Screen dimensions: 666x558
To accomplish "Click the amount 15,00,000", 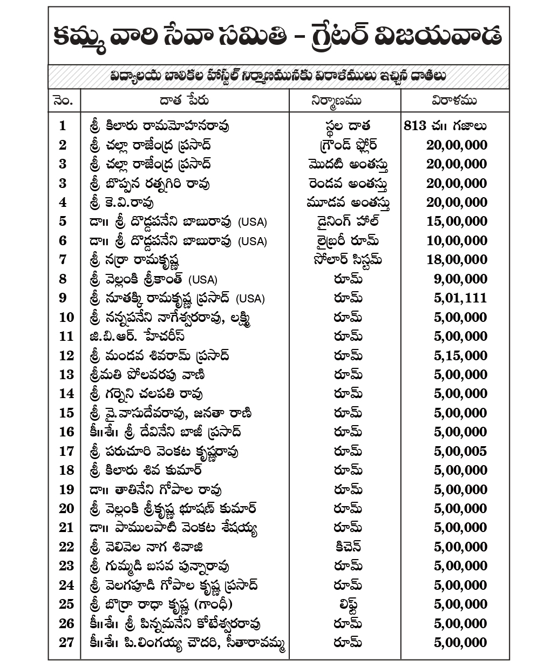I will click(x=457, y=221).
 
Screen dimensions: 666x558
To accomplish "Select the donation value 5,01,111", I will click(x=460, y=298).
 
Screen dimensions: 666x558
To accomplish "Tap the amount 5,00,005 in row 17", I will click(x=460, y=451).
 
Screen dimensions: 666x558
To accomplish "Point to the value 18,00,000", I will click(x=457, y=260).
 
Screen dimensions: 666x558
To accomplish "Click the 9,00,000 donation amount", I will click(x=460, y=279).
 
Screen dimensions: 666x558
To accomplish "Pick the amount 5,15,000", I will click(x=460, y=355).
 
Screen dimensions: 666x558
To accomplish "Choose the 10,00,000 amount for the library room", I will click(x=457, y=240).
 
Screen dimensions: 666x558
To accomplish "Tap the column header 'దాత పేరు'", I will click(x=184, y=100).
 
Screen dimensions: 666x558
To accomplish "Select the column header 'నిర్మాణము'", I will click(x=344, y=100).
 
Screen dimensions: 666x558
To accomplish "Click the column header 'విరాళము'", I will click(x=454, y=100).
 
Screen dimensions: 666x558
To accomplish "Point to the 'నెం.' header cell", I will click(x=64, y=100).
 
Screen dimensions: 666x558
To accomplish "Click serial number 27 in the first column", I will click(x=66, y=642).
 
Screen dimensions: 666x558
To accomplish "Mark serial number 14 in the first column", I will click(x=66, y=394).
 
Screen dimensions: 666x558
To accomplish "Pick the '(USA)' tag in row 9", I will click(x=251, y=299).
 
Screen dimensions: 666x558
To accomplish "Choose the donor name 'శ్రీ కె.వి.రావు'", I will click(x=122, y=203).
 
